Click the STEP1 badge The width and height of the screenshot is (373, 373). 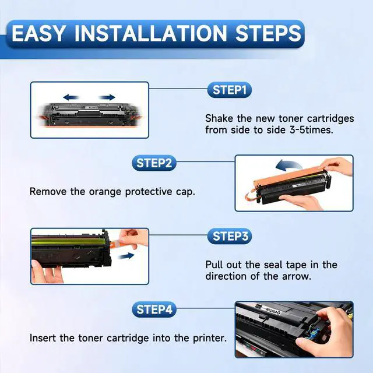coord(229,90)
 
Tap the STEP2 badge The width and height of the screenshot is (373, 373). coord(154,163)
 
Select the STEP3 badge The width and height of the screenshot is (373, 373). coord(229,236)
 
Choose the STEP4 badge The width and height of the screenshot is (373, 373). coord(154,309)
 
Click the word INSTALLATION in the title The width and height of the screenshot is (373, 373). coord(151,33)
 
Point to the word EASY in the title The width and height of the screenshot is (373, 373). coord(38,33)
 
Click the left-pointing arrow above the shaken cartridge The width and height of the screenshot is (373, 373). coord(71,97)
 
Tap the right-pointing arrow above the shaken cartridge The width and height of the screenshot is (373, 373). coord(107,97)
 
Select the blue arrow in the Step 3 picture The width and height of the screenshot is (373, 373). coord(126,256)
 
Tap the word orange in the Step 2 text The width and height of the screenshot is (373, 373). coord(105,192)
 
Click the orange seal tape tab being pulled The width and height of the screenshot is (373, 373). coord(122,244)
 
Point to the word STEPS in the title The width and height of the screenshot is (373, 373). coord(268,33)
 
